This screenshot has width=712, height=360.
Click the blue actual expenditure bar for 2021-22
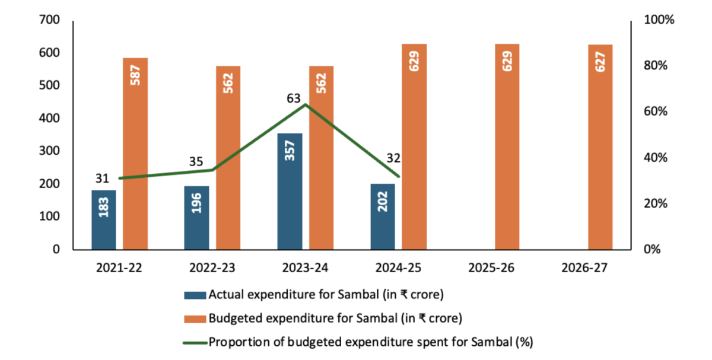104,219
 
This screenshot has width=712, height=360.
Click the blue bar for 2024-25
383,216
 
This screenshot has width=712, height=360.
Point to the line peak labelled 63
305,104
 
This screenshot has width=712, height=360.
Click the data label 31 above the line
103,178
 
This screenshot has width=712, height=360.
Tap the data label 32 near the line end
393,158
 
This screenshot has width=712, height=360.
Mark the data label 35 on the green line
196,161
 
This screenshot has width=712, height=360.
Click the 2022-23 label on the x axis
212,268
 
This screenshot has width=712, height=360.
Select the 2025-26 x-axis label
491,268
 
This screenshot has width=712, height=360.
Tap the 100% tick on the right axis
660,20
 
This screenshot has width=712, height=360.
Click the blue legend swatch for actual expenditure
195,295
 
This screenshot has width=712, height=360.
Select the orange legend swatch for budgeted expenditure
195,318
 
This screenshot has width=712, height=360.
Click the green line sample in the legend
195,342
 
